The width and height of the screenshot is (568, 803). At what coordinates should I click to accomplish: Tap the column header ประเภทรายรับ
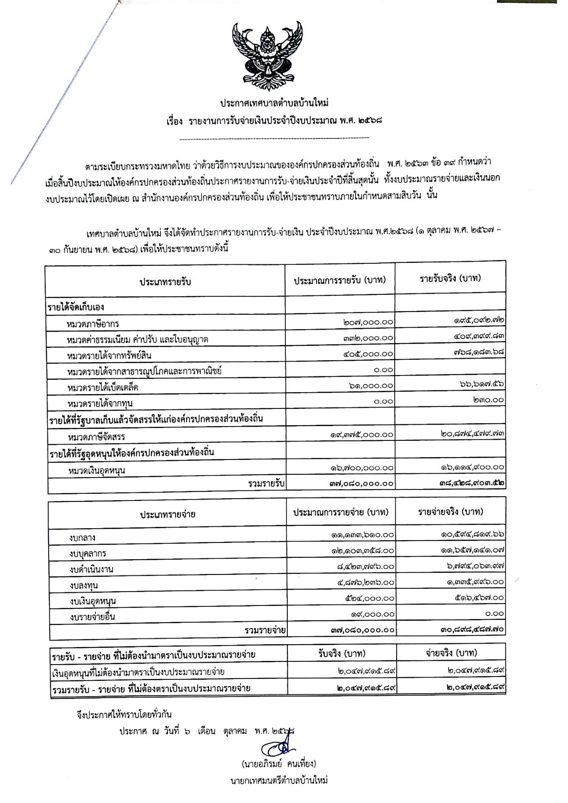(165, 282)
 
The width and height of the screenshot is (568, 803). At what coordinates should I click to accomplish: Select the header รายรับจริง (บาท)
(450, 278)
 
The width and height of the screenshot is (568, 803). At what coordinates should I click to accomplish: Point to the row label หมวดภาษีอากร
(93, 324)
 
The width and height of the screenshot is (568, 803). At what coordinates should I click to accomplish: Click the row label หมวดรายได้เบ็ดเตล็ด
(103, 387)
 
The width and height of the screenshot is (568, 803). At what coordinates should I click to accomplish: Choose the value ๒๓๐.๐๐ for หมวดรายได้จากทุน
(488, 400)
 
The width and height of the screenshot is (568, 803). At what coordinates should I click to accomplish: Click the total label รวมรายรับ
(266, 484)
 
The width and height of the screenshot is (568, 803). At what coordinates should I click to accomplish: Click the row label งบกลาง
(82, 538)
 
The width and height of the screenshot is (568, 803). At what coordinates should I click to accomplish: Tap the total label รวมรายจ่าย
(265, 631)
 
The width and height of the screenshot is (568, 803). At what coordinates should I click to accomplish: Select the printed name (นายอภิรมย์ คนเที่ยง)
(279, 764)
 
